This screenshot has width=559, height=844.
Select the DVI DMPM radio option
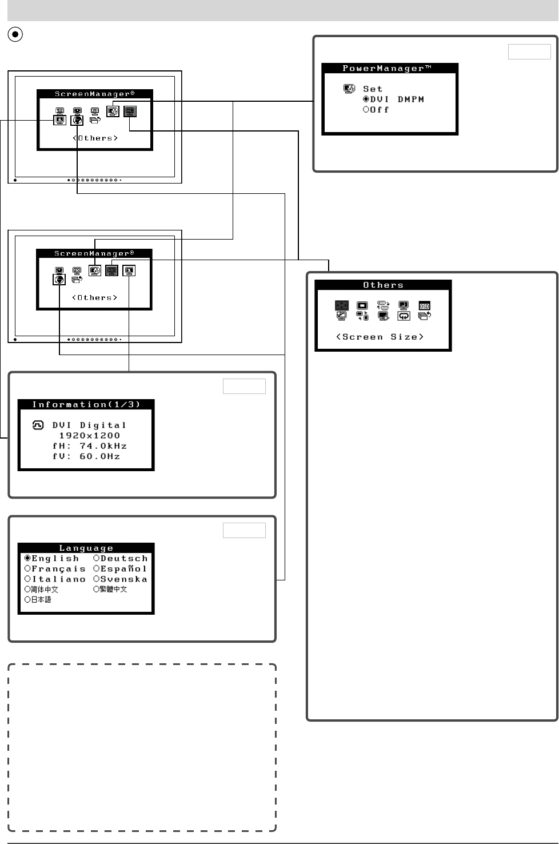click(394, 99)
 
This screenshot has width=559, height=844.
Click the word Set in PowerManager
click(373, 89)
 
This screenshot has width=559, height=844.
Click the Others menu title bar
click(383, 285)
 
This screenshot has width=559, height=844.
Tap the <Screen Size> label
click(380, 337)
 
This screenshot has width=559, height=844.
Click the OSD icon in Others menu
click(424, 306)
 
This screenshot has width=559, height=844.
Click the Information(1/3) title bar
click(86, 405)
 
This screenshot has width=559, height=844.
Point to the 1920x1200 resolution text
click(90, 436)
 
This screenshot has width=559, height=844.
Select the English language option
click(51, 559)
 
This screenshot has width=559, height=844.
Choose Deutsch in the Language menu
click(120, 559)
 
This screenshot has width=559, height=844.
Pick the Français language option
click(55, 569)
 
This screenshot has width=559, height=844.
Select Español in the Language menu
click(120, 569)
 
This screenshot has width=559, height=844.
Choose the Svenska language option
click(120, 579)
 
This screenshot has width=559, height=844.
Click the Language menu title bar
click(86, 548)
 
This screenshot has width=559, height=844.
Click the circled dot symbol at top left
click(15, 34)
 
